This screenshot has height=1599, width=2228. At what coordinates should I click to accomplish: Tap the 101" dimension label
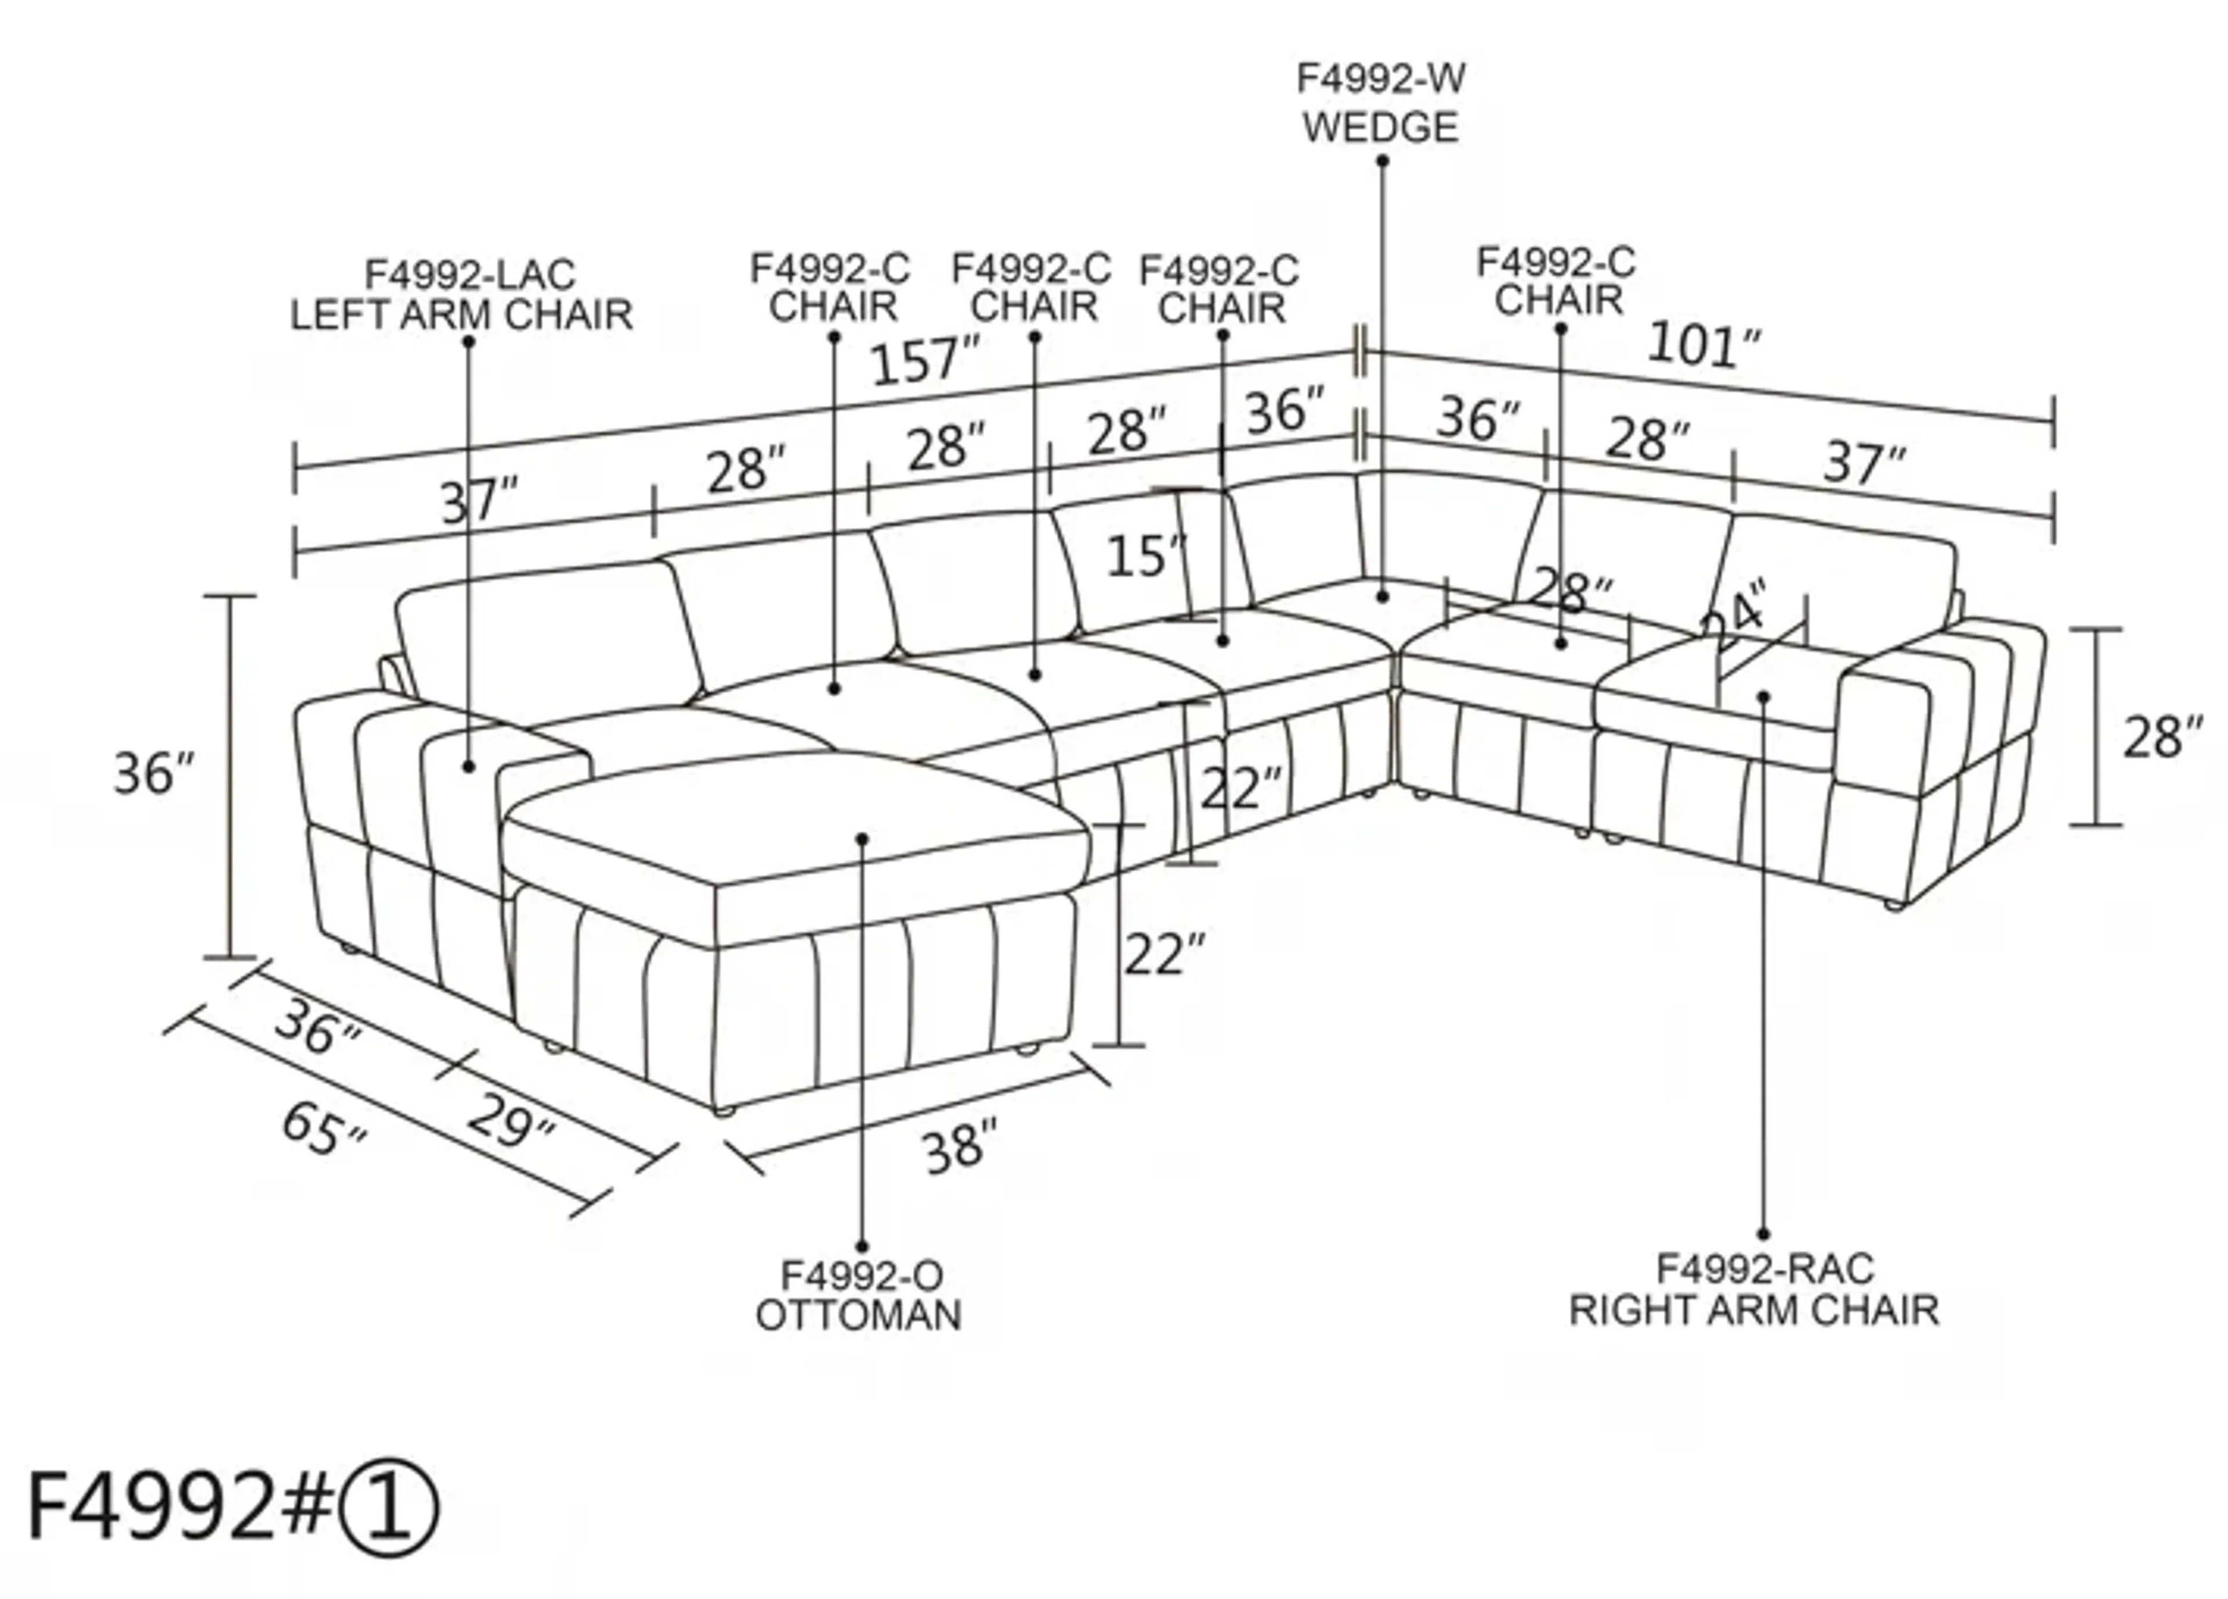[1703, 345]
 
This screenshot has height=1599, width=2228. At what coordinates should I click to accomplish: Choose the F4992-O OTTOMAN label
[859, 1296]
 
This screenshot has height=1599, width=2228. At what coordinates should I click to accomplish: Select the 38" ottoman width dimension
[960, 1146]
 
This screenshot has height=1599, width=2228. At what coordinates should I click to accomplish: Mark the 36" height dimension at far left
[154, 773]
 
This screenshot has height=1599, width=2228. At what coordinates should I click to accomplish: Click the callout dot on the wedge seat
[1382, 596]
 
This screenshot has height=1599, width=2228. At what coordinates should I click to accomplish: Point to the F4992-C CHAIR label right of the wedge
[1557, 281]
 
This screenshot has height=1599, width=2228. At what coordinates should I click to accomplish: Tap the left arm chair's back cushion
[550, 634]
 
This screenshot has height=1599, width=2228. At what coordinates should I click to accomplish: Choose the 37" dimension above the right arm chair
[1865, 462]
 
